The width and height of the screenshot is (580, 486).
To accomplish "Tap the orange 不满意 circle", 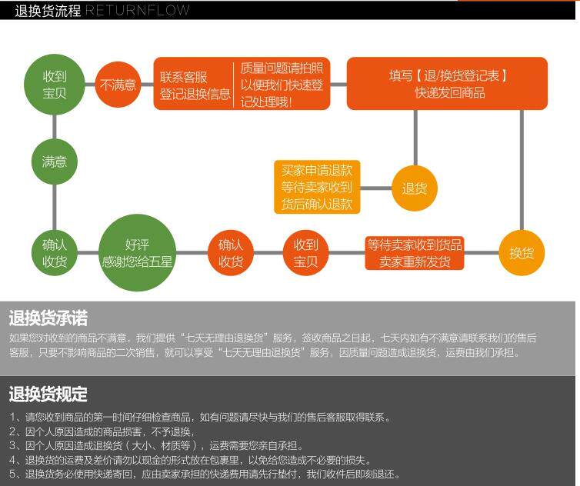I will (x=118, y=84).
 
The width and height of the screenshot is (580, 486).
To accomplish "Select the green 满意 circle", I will (x=55, y=161).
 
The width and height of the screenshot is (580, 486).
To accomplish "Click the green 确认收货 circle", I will (x=55, y=253).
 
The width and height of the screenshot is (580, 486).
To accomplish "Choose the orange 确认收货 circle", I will (x=231, y=253).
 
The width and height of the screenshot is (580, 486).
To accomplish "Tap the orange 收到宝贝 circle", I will (x=305, y=253).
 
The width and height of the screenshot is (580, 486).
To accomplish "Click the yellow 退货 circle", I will (x=415, y=188).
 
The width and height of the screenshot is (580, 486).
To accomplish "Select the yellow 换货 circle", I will (x=522, y=253).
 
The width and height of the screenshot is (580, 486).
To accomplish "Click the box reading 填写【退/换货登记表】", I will (x=447, y=83).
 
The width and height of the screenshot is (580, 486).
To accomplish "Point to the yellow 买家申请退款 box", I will (x=317, y=187).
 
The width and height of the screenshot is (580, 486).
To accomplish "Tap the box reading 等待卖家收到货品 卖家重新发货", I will (x=415, y=253).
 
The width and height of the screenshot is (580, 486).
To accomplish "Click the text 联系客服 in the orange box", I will (x=184, y=77).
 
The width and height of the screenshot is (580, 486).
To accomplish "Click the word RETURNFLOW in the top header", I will (x=137, y=11).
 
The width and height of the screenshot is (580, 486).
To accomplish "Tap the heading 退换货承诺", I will (x=48, y=318).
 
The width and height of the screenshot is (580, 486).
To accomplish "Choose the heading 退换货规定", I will (x=48, y=394).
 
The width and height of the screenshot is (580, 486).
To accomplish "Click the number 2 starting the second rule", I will (x=12, y=431).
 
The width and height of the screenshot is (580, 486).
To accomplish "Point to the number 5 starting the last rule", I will (x=12, y=474).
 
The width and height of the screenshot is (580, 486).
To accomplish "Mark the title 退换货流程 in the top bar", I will (x=48, y=11).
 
